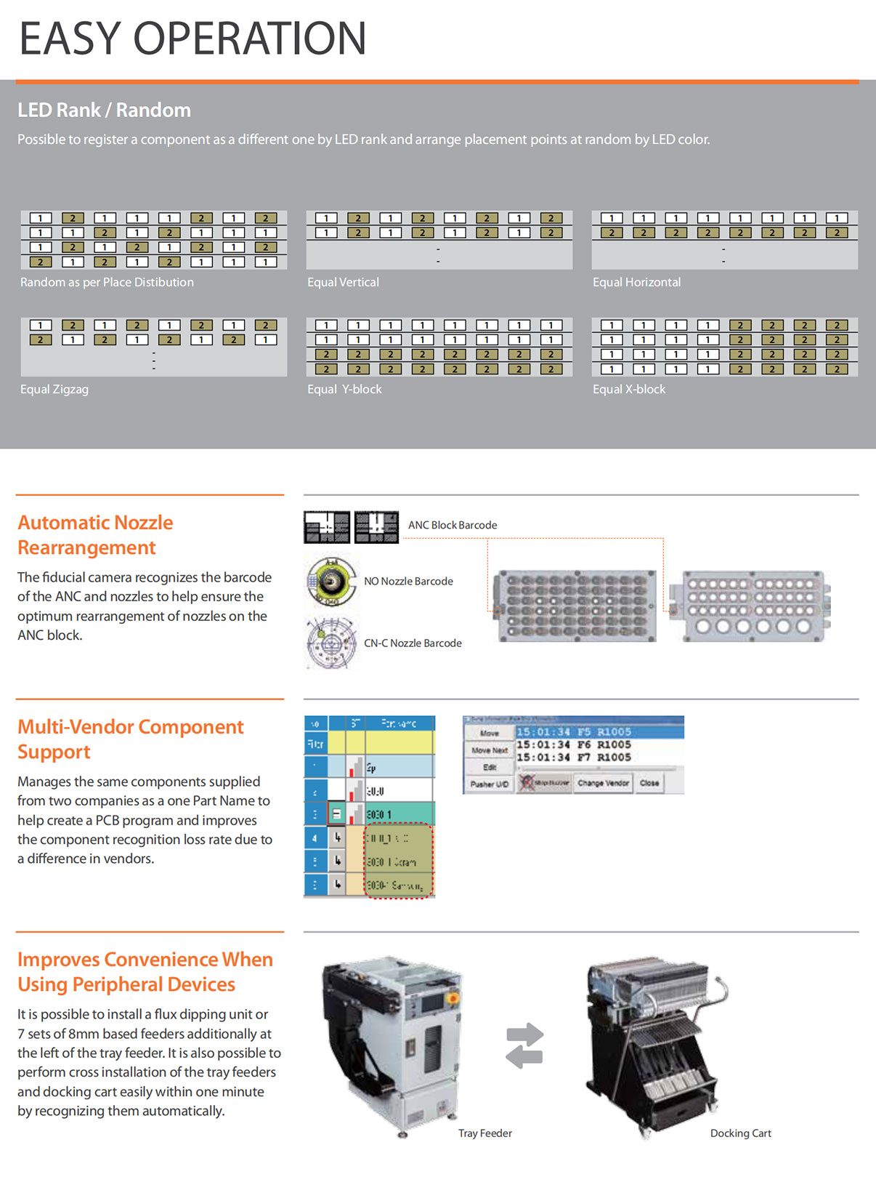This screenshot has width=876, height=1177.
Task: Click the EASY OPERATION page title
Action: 192,39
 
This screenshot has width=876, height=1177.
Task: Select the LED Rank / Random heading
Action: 104,110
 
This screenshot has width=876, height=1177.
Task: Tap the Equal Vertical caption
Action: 343,282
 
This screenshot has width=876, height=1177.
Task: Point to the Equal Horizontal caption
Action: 636,282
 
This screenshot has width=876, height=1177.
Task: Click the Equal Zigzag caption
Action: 54,389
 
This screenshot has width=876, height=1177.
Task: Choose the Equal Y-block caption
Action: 344,389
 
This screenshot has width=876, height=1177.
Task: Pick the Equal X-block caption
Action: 629,389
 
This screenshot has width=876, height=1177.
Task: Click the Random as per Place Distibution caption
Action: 107,282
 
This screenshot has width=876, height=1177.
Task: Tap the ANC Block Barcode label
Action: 453,525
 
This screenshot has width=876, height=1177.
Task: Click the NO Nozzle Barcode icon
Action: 331,581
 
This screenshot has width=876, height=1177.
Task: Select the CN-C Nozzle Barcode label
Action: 413,643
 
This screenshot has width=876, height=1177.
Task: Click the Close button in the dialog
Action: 649,783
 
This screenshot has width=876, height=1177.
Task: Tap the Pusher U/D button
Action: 489,784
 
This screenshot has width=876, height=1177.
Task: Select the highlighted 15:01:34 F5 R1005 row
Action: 599,732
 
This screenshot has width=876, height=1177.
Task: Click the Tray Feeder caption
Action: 484,1133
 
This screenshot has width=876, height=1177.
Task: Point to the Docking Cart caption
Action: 740,1133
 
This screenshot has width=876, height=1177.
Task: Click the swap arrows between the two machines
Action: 524,1045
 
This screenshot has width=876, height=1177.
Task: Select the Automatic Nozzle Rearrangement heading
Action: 95,534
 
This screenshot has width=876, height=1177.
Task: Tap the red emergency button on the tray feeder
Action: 452,998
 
